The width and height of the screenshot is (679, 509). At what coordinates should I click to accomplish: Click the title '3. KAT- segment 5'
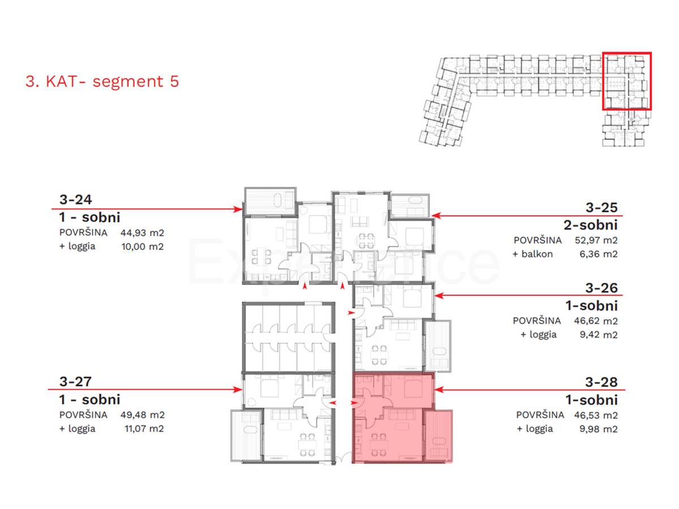coord(102,81)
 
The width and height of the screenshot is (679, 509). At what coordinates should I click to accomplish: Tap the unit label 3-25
coord(601,206)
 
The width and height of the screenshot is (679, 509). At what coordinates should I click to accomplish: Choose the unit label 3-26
coord(601,288)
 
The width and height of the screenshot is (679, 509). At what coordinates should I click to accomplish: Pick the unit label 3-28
coord(601,382)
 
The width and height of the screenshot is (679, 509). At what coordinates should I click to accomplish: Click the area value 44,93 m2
coord(141,232)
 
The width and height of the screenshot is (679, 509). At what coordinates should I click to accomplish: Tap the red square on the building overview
coord(626,81)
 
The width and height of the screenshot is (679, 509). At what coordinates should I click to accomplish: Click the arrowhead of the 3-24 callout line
coord(239,209)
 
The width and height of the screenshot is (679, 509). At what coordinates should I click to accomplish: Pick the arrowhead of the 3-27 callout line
coord(239,389)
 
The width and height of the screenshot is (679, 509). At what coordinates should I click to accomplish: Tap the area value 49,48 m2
coord(141,415)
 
